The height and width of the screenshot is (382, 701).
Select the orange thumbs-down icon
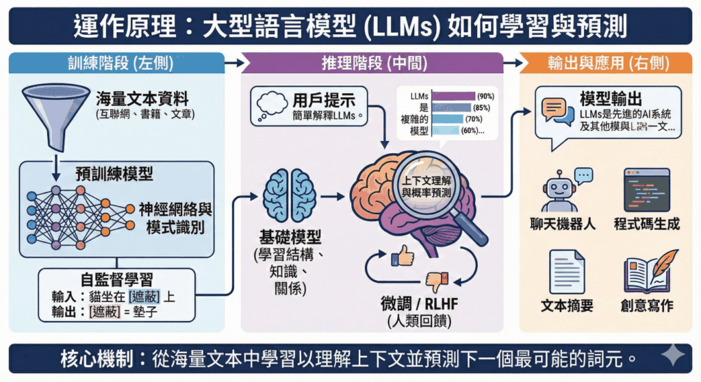tap(434, 280)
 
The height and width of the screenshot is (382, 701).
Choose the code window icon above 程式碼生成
tap(646, 190)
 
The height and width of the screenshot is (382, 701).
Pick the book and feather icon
tap(646, 270)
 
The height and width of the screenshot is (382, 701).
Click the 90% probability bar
tap(453, 96)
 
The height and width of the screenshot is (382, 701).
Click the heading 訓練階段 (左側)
tap(115, 64)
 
